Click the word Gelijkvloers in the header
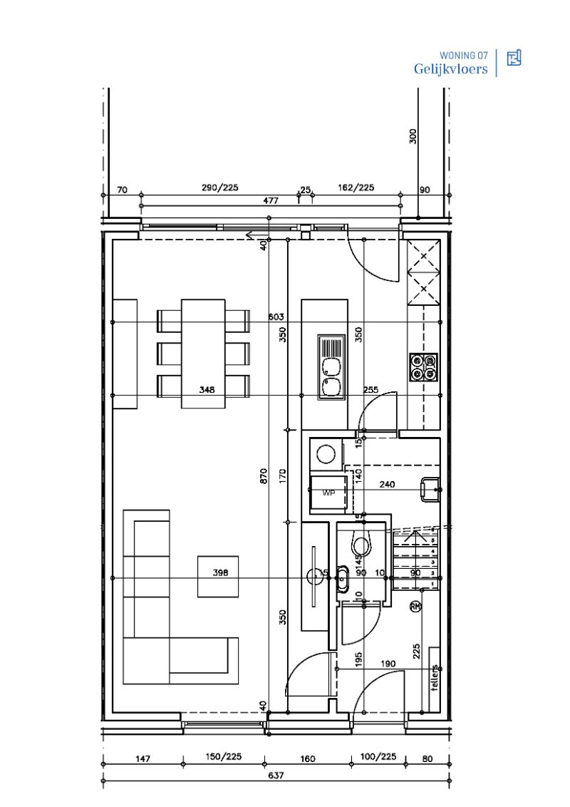(451, 69)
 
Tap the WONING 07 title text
(464, 55)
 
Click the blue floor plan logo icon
(514, 58)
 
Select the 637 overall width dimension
(276, 776)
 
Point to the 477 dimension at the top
(271, 201)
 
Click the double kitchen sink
(331, 376)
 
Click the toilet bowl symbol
(361, 546)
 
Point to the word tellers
(434, 678)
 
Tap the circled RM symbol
(415, 607)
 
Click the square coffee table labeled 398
(219, 576)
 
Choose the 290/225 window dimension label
(219, 188)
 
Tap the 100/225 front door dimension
(378, 757)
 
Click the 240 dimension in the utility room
(387, 485)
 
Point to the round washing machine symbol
(326, 454)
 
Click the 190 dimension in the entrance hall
(388, 664)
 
